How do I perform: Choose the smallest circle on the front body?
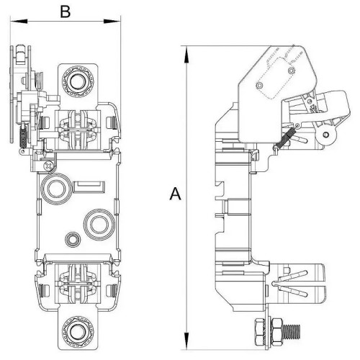(x=71, y=238)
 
